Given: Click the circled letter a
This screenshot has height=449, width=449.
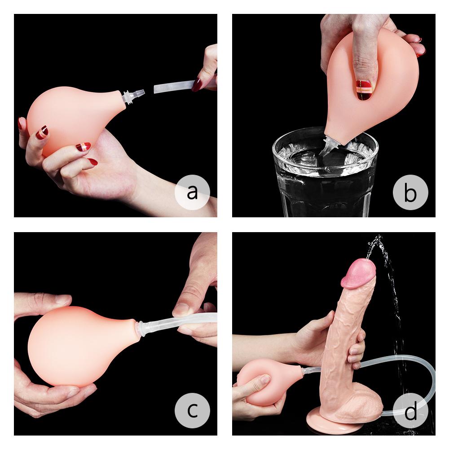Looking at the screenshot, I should (x=192, y=192).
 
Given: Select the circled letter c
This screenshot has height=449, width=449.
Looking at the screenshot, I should (x=192, y=410).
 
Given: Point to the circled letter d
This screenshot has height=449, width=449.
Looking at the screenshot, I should (x=410, y=410).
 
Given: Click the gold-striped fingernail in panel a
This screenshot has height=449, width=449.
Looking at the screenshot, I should (x=42, y=132).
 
